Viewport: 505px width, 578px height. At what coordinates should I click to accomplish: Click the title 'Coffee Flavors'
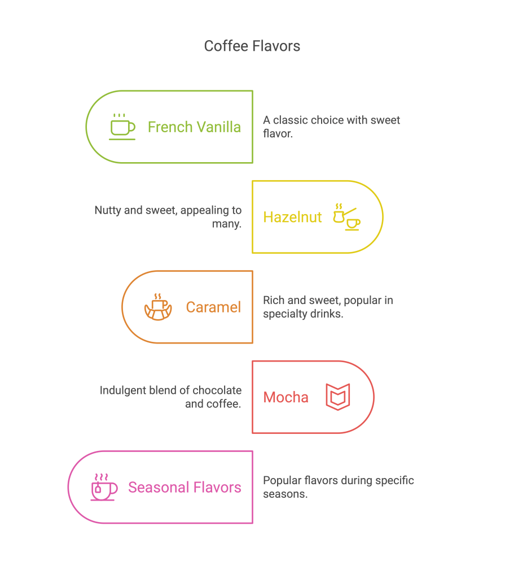click(x=252, y=46)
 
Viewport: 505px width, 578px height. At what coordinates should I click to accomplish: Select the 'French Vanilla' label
click(x=194, y=127)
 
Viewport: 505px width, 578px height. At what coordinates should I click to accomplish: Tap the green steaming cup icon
click(x=122, y=127)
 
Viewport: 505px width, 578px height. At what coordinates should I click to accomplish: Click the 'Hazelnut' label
click(x=292, y=217)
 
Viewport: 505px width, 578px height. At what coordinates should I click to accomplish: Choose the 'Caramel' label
click(x=213, y=307)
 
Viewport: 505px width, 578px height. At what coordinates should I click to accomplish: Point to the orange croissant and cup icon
click(x=157, y=307)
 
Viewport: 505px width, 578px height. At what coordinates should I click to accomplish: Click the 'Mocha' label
click(x=286, y=397)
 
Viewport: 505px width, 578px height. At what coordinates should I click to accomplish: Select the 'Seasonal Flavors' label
click(x=185, y=487)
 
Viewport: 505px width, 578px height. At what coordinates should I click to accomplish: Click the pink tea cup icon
click(x=104, y=486)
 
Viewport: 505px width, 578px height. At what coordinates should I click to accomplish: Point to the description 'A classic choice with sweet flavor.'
click(x=331, y=127)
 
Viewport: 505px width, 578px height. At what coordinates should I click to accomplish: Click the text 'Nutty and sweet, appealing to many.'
click(x=168, y=216)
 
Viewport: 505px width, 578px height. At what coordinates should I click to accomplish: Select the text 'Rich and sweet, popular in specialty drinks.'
click(x=327, y=306)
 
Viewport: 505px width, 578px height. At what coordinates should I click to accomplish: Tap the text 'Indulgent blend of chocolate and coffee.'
click(x=171, y=397)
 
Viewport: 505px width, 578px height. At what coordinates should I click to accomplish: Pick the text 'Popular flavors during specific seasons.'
click(x=338, y=486)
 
